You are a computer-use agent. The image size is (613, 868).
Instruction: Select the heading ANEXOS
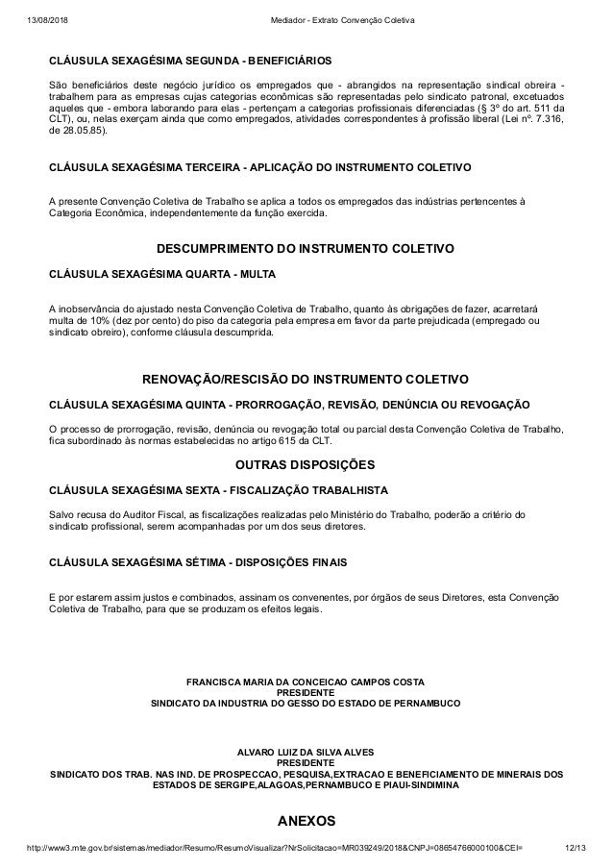(306, 822)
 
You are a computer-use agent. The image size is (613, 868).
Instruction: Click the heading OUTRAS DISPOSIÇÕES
(306, 465)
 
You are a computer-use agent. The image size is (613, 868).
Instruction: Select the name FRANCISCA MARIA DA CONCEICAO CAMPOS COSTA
(306, 682)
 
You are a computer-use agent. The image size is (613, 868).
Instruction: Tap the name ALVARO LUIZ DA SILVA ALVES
(306, 750)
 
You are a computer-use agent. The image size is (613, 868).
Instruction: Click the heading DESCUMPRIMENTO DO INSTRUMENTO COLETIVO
(306, 249)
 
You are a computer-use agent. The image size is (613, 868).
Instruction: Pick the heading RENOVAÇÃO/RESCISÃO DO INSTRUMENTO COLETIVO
(306, 379)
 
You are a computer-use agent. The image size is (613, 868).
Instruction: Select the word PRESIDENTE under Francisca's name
(306, 692)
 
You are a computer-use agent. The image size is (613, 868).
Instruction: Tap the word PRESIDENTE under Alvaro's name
(306, 761)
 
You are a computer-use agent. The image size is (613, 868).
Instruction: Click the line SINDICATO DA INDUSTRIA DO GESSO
(306, 704)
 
